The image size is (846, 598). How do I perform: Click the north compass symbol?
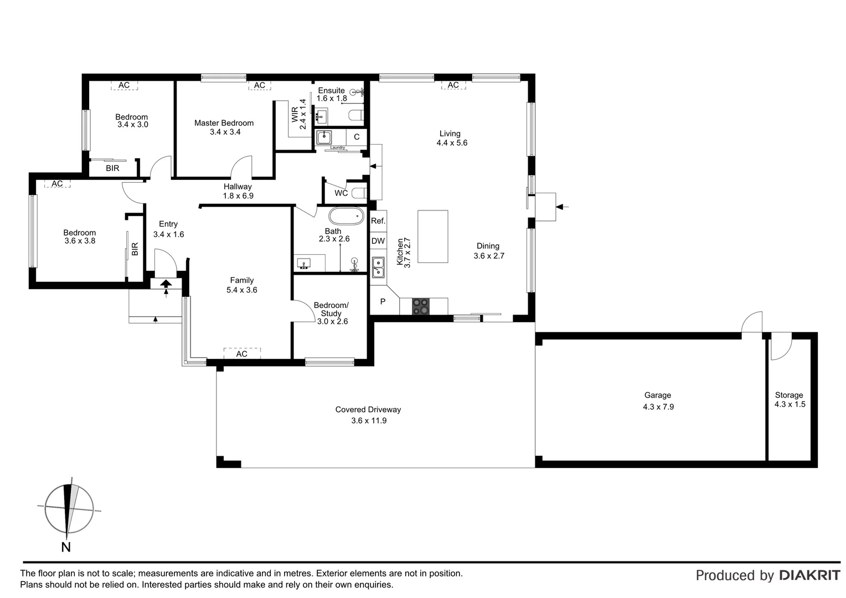(68, 509)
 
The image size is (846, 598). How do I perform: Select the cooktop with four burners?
(421, 306)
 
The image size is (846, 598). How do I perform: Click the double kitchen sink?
(378, 267)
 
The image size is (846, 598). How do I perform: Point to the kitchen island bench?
(432, 236)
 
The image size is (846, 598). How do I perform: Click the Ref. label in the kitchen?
(378, 220)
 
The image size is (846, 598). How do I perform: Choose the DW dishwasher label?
(378, 241)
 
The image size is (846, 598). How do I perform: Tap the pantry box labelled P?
(383, 302)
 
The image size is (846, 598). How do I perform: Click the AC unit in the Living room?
(453, 85)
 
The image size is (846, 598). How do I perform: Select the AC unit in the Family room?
(242, 353)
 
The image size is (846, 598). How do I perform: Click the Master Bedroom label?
(224, 123)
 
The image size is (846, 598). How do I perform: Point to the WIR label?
(295, 115)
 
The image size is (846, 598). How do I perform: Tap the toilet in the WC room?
(359, 193)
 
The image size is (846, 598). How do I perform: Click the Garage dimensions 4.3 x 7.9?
(658, 406)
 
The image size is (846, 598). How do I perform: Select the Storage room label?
(788, 395)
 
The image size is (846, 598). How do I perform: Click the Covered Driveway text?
(368, 410)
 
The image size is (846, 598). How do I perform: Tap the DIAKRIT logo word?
(809, 575)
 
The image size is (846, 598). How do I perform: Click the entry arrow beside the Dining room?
(561, 207)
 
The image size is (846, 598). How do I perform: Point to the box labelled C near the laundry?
(357, 137)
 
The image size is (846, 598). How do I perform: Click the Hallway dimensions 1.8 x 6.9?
(238, 195)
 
